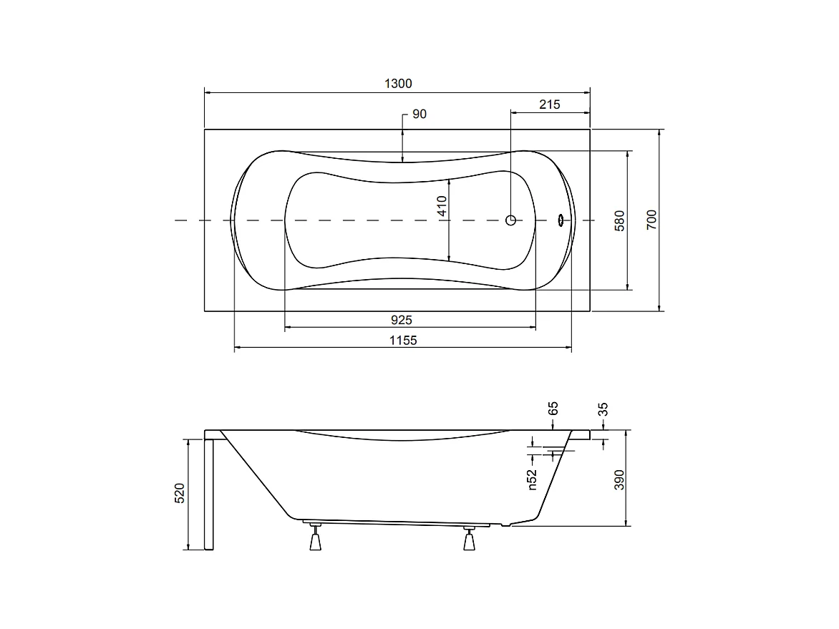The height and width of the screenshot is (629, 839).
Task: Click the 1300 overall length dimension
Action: pos(398,84)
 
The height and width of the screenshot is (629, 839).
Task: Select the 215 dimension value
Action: pos(549,104)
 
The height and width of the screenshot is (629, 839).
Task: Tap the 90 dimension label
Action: pos(419,114)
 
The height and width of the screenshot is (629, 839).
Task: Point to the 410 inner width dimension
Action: pos(442,207)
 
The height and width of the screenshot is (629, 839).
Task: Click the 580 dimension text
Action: pos(620,220)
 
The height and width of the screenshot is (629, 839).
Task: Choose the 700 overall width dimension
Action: pos(651,220)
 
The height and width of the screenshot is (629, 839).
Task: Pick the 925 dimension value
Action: pos(401,319)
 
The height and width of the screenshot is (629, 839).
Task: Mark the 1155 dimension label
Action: pos(402,341)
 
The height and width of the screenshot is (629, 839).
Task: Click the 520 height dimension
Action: pos(180,494)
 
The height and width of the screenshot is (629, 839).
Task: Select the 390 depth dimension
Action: pos(619,478)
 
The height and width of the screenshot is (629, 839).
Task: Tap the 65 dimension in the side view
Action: pos(553,409)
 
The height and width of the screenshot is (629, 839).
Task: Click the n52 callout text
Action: pos(532,479)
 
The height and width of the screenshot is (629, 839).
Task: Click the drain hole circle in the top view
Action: pos(510,220)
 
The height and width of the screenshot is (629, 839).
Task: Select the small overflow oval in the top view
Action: pos(561,220)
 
